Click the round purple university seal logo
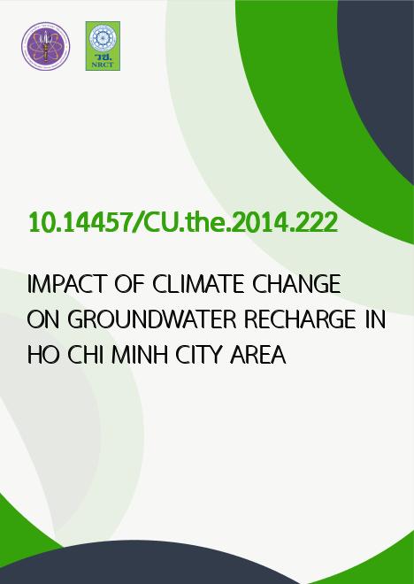point(45,46)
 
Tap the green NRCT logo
point(103,46)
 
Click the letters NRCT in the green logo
point(103,65)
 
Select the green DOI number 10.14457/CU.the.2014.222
point(183,222)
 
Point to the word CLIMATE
point(198,284)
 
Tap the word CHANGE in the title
point(296,284)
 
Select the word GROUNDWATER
point(153,319)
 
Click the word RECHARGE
point(300,319)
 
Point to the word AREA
point(258,355)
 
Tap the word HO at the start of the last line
point(43,355)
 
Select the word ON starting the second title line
point(43,319)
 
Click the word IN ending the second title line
point(375,319)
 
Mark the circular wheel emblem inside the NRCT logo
point(103,38)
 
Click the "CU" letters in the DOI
point(160,222)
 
